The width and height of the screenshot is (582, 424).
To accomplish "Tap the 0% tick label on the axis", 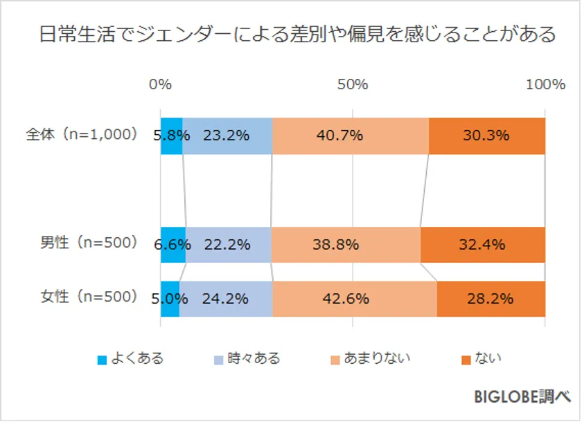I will pyautogui.click(x=160, y=84).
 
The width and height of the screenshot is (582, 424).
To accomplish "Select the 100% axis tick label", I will pyautogui.click(x=545, y=84).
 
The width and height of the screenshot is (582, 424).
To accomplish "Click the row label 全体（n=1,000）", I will pyautogui.click(x=82, y=135).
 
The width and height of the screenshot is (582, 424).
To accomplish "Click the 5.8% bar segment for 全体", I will pyautogui.click(x=172, y=136).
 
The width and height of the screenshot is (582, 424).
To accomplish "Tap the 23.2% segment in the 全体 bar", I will pyautogui.click(x=227, y=136).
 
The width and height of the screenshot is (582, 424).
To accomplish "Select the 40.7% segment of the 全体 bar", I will pyautogui.click(x=350, y=136).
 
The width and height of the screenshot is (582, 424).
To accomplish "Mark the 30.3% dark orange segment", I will pyautogui.click(x=486, y=136).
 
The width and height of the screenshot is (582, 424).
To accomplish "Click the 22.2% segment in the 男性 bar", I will pyautogui.click(x=228, y=244).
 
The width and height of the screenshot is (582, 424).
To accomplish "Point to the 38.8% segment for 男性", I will pyautogui.click(x=345, y=244).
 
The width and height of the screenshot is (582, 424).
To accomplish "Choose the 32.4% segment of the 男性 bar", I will pyautogui.click(x=482, y=244).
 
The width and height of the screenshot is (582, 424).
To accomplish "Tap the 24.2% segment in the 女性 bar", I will pyautogui.click(x=225, y=299).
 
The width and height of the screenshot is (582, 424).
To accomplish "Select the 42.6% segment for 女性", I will pyautogui.click(x=354, y=299).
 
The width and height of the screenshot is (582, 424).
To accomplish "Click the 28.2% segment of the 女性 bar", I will pyautogui.click(x=491, y=299).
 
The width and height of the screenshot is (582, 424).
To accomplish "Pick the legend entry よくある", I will pyautogui.click(x=131, y=358).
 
